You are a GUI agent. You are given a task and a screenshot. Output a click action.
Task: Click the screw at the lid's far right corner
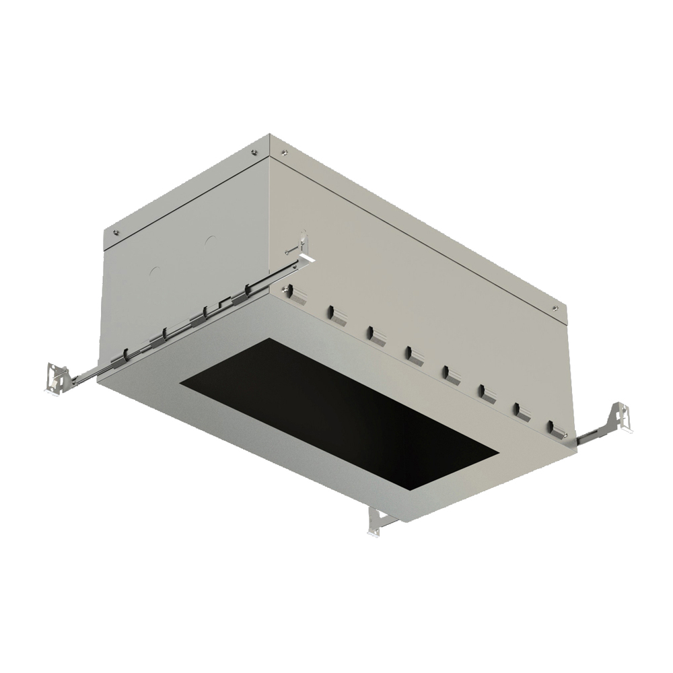(x=555, y=308)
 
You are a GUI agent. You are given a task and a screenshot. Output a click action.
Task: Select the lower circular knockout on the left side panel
(x=154, y=272)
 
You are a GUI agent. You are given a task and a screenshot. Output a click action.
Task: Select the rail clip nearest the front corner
(x=250, y=291)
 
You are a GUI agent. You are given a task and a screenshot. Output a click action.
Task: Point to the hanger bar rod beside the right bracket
(x=592, y=434)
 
